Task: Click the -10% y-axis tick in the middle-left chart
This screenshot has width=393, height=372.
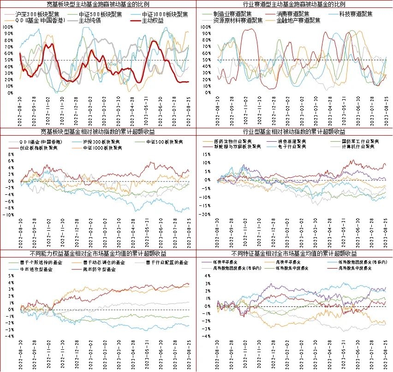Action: coord(10,215)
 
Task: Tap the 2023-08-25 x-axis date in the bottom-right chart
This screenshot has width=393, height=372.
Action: coord(387,353)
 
